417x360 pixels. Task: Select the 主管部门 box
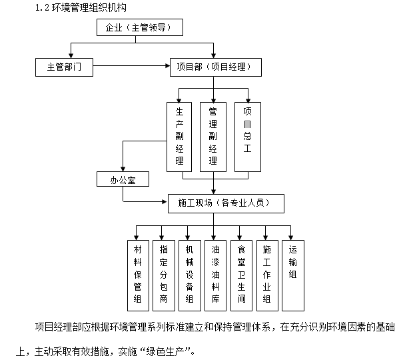(64, 67)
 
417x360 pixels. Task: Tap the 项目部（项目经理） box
(214, 67)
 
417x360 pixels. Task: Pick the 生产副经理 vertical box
(179, 136)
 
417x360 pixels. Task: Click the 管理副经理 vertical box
(212, 136)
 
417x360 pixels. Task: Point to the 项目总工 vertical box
(247, 136)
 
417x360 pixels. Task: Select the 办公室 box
(121, 179)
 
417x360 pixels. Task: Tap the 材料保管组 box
(138, 275)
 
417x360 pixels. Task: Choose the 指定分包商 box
(163, 275)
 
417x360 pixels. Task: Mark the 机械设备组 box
(189, 275)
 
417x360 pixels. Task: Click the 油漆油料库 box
(214, 275)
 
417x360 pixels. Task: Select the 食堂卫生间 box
(241, 275)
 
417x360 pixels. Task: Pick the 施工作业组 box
(266, 275)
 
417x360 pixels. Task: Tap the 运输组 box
(292, 275)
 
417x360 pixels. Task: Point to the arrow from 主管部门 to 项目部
(131, 67)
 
